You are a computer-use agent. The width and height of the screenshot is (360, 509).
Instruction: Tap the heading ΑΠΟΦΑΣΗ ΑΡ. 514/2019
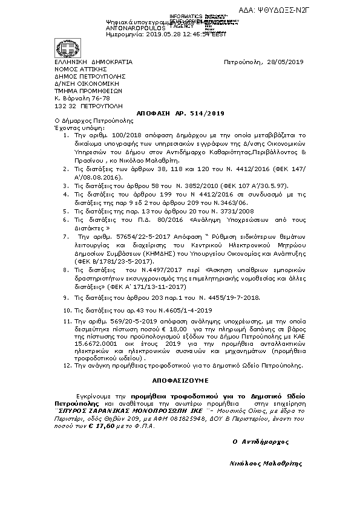coord(181,113)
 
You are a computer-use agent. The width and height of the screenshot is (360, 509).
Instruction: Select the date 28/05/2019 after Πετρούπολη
coord(284,62)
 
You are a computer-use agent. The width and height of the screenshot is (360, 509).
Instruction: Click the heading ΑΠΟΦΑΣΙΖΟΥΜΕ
coord(180,381)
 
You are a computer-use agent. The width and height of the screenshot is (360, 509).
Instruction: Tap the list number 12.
coord(67,366)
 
